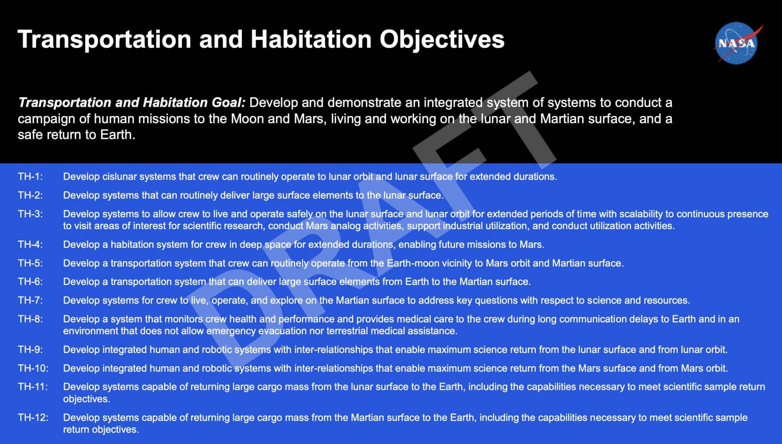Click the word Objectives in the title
[x=442, y=39]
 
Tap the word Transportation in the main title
[x=104, y=39]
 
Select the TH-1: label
[x=30, y=177]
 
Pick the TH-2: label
[x=30, y=195]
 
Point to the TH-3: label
[x=30, y=214]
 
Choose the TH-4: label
[x=30, y=245]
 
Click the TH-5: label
[x=30, y=263]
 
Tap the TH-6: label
[x=30, y=282]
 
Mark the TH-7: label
[x=30, y=300]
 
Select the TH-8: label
[x=30, y=319]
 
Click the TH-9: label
[x=30, y=350]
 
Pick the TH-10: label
[x=33, y=368]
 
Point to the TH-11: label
[x=33, y=387]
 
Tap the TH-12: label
[x=33, y=418]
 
